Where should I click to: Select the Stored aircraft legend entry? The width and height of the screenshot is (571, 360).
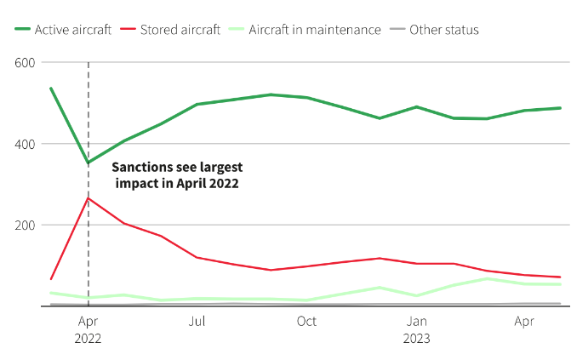click(x=174, y=30)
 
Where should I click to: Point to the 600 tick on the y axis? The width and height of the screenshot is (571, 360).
click(x=24, y=63)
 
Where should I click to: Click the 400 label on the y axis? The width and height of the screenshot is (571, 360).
click(x=24, y=144)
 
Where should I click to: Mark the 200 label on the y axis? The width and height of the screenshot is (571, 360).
click(x=24, y=225)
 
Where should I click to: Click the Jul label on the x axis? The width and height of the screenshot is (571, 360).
click(x=197, y=322)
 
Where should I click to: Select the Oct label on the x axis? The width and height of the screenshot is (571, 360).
click(x=306, y=322)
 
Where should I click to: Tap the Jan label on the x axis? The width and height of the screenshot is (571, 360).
click(x=416, y=322)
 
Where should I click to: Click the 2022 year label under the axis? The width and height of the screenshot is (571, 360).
click(x=88, y=338)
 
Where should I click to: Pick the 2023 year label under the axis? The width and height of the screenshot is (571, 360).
click(x=416, y=338)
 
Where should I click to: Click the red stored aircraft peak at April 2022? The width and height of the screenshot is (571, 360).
click(x=88, y=198)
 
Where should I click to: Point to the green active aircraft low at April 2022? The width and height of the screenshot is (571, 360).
click(x=88, y=163)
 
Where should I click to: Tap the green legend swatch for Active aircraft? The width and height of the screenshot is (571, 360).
click(x=22, y=30)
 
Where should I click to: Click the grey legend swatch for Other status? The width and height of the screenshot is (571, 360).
click(x=397, y=30)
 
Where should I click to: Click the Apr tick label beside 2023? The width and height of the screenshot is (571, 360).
click(x=525, y=322)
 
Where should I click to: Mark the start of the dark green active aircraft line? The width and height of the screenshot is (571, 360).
click(x=51, y=88)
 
